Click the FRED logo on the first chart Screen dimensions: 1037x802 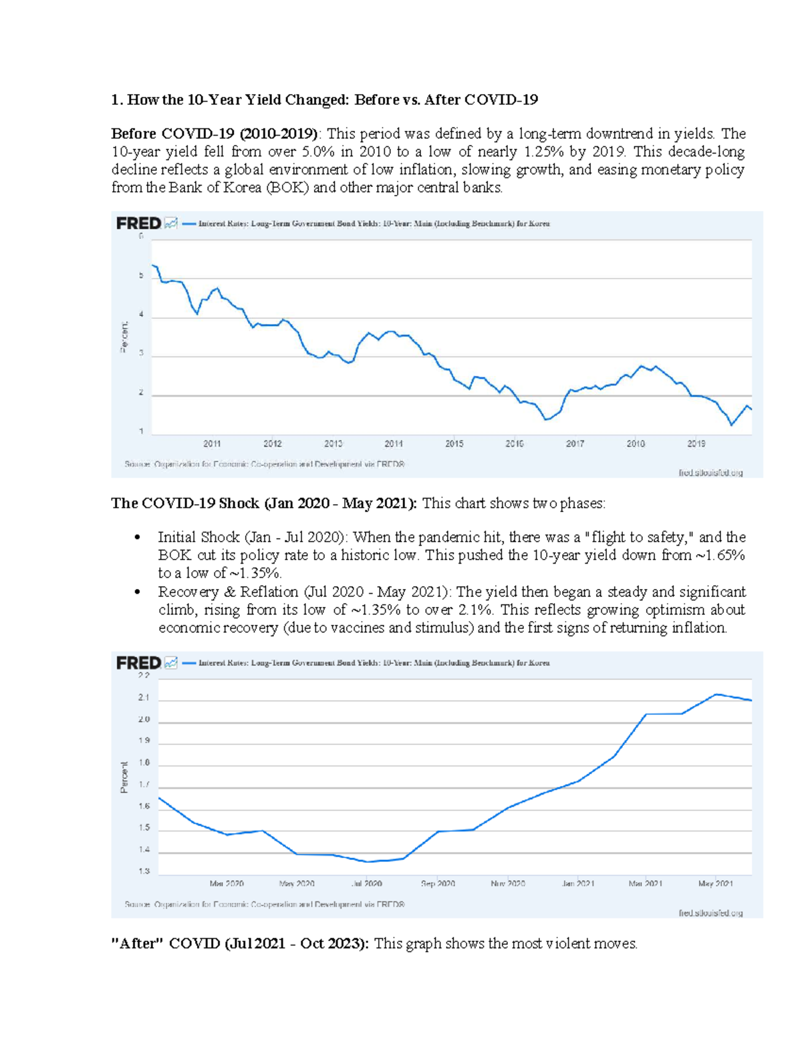[138, 223]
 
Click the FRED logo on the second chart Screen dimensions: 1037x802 [138, 662]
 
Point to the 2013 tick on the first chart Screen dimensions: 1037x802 [333, 443]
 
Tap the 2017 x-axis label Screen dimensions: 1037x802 [575, 443]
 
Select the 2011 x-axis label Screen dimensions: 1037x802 [212, 443]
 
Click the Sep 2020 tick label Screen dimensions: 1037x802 [438, 883]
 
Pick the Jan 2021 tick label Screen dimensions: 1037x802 [578, 883]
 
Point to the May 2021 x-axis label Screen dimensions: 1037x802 [715, 883]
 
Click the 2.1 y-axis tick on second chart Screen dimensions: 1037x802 [144, 697]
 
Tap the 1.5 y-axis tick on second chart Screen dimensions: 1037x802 [144, 828]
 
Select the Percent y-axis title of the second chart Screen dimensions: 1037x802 [124, 777]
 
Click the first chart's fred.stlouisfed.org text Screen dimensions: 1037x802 [710, 473]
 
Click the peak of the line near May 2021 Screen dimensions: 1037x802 [716, 694]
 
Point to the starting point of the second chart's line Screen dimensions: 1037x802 [159, 798]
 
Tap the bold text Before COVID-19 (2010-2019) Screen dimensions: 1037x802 [214, 134]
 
